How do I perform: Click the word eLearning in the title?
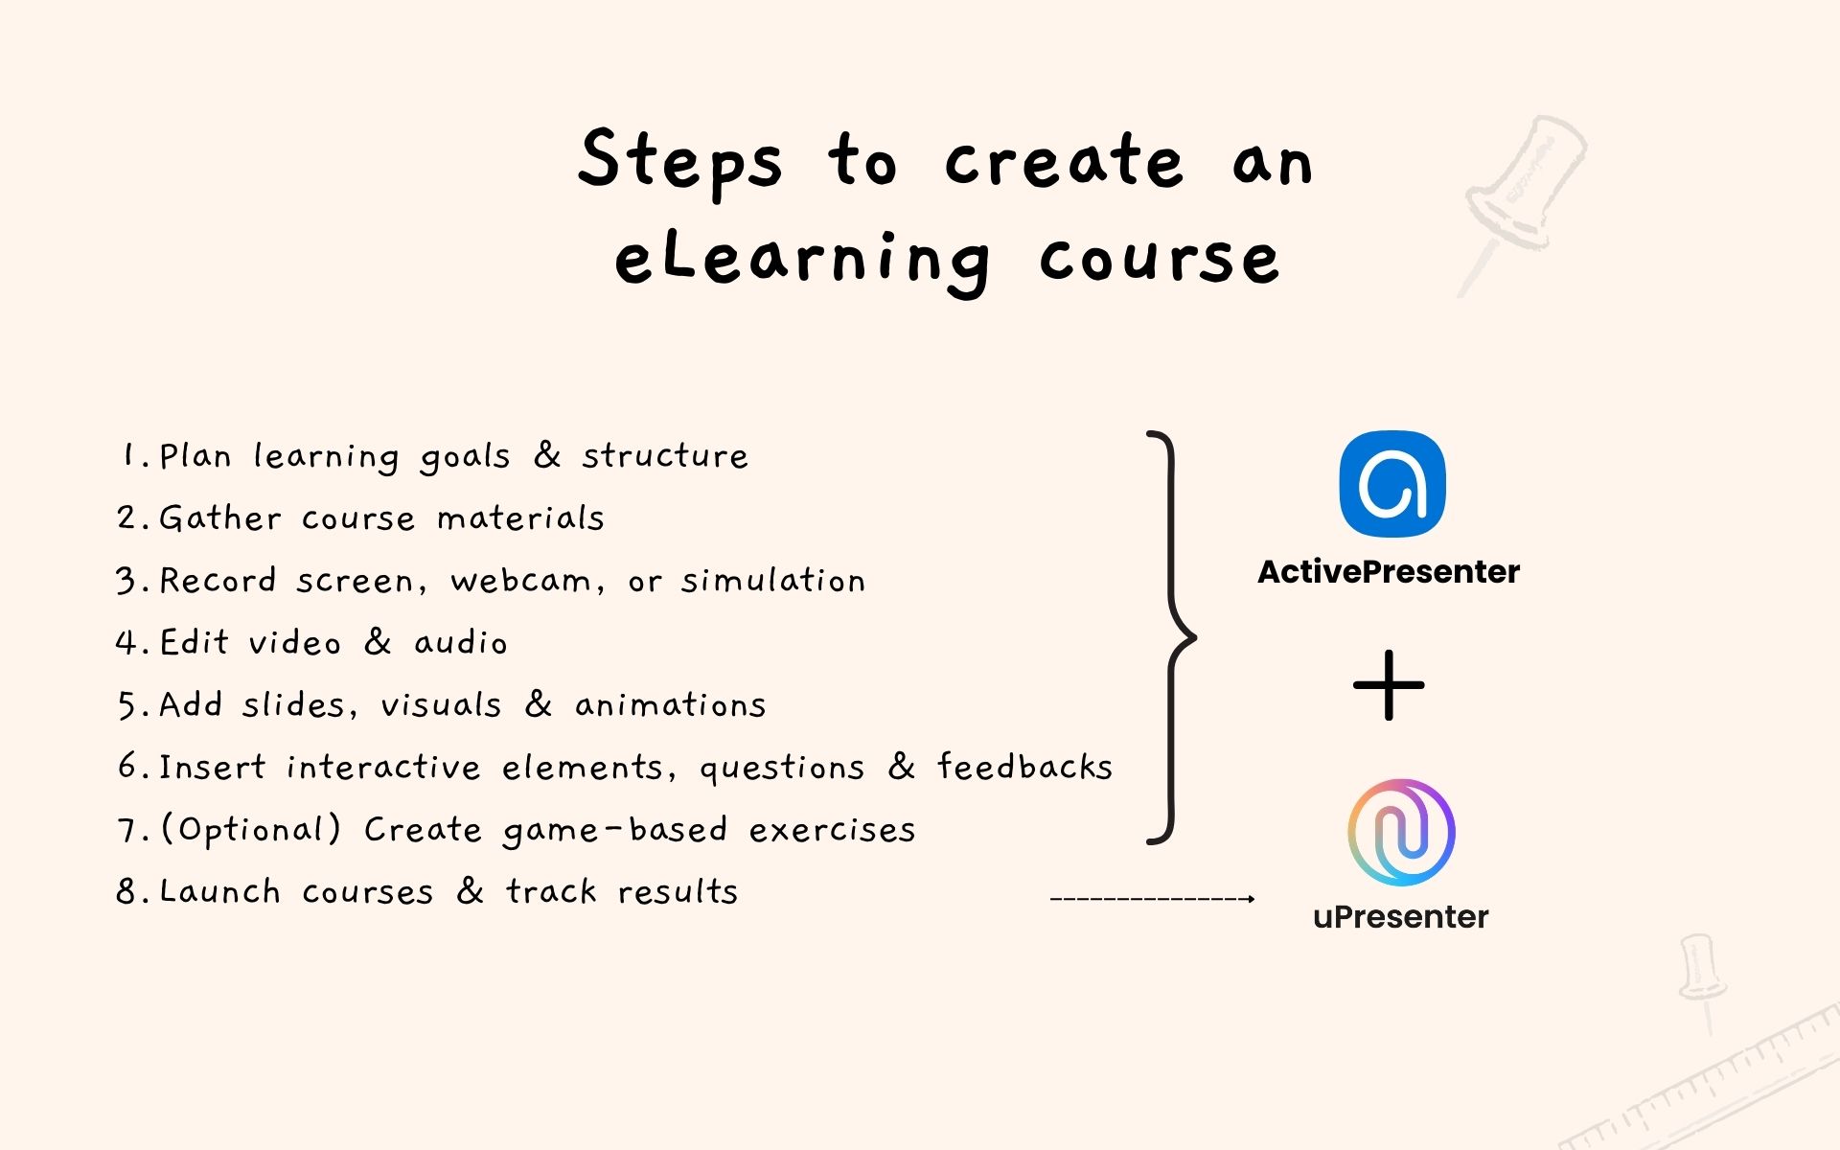tap(802, 259)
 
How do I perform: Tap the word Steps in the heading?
tap(679, 161)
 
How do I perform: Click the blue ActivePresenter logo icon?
tap(1391, 484)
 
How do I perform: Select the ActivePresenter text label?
tap(1389, 572)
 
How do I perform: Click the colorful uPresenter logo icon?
tap(1401, 832)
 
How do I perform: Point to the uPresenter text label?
tap(1400, 917)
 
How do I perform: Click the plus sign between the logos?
tap(1389, 685)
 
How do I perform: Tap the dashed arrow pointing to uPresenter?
tap(1152, 899)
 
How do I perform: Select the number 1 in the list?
tap(129, 455)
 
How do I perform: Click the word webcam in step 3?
tap(520, 581)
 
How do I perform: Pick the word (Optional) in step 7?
tap(250, 830)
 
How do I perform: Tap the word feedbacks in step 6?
tap(1024, 767)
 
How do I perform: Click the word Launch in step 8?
tap(219, 892)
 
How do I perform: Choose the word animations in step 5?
tap(670, 705)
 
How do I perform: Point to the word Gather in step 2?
tap(219, 518)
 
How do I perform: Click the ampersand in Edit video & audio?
tap(378, 642)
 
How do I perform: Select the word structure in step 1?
tap(665, 456)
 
